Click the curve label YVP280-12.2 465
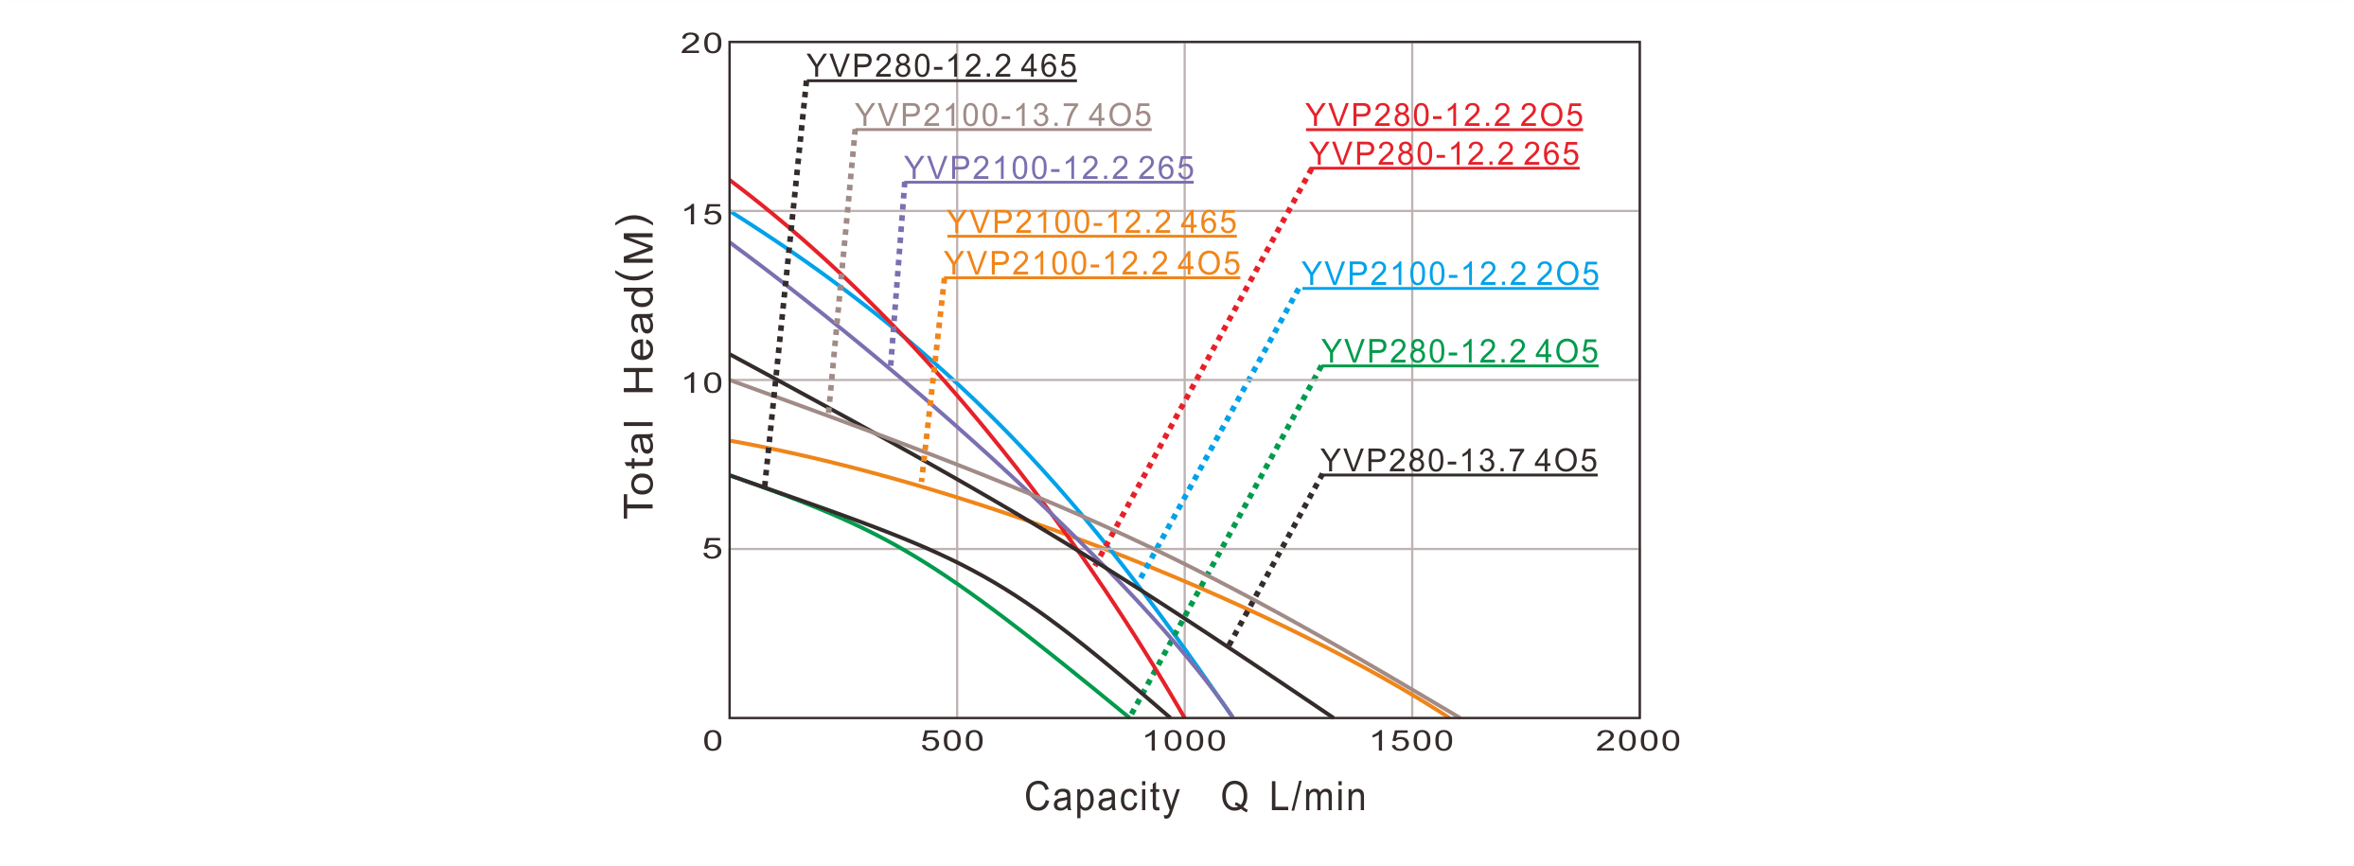coord(941,66)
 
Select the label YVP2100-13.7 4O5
coord(1002,115)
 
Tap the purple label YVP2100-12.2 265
coord(1049,168)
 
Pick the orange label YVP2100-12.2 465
coord(1091,222)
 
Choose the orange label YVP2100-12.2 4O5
coord(1091,263)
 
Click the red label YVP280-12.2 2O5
coord(1443,115)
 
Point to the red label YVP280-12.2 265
coord(1443,154)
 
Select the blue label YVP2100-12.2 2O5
coord(1450,274)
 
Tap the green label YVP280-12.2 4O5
coord(1459,352)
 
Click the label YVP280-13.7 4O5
coord(1459,461)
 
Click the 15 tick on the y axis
coord(700,213)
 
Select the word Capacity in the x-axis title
coord(1102,797)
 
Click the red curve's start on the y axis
coord(731,180)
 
